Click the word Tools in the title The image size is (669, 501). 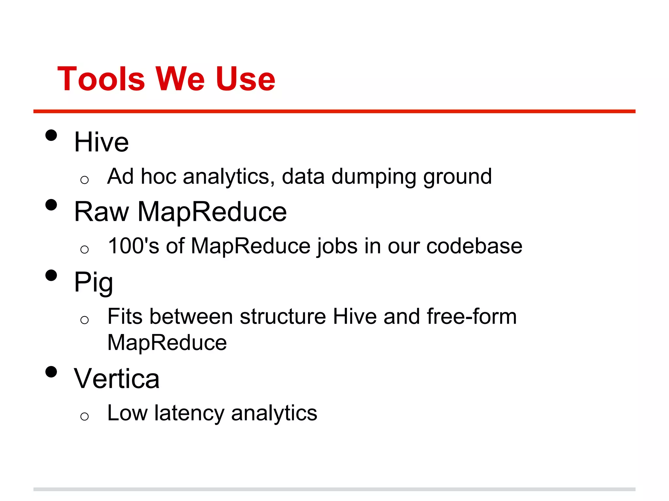tap(101, 79)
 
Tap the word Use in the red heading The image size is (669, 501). tap(245, 79)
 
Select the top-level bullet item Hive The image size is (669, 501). tap(101, 142)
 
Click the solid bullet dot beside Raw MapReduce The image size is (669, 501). tap(51, 205)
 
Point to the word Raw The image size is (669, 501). tap(101, 212)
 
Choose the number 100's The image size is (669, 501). tap(134, 246)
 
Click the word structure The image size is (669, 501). tap(283, 316)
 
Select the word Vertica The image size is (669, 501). tap(117, 379)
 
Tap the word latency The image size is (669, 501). tap(189, 413)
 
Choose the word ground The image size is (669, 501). tap(457, 177)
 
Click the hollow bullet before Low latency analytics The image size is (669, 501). tap(84, 416)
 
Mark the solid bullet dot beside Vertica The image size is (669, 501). tap(51, 372)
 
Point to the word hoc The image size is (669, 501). tap(158, 176)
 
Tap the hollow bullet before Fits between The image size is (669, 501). tap(84, 320)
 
